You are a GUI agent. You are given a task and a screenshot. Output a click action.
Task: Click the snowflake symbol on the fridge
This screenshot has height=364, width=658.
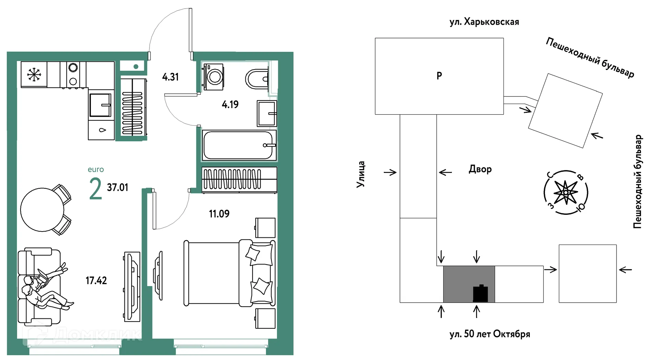34,74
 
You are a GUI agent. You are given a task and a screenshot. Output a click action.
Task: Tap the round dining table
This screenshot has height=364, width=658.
42,210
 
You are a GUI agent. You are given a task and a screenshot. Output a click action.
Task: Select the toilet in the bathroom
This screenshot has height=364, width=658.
257,79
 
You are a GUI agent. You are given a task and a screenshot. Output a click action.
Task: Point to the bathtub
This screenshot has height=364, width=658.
239,145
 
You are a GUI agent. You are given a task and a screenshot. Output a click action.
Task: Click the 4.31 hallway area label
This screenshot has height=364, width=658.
170,77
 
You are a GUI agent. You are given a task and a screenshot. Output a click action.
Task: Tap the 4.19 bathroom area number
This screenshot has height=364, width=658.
230,104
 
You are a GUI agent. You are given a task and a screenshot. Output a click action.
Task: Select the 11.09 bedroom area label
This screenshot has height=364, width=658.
219,214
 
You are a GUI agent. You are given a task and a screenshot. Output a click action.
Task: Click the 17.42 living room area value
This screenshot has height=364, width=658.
96,281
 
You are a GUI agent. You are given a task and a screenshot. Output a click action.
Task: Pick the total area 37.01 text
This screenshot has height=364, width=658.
118,187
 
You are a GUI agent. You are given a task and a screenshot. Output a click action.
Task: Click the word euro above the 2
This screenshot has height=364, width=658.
96,169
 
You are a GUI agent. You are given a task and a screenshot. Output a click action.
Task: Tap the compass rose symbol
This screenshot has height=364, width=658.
565,193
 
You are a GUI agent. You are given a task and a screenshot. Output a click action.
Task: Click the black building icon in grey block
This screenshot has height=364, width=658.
480,293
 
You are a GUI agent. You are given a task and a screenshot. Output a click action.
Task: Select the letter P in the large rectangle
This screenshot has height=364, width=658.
439,75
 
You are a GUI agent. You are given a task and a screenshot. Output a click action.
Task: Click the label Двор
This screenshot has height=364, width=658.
480,169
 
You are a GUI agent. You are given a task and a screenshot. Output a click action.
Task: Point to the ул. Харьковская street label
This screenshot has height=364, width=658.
484,22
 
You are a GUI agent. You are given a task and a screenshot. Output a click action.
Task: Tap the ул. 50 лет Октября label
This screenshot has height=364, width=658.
490,334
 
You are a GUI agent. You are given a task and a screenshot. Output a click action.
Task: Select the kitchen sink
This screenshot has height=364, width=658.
101,105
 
